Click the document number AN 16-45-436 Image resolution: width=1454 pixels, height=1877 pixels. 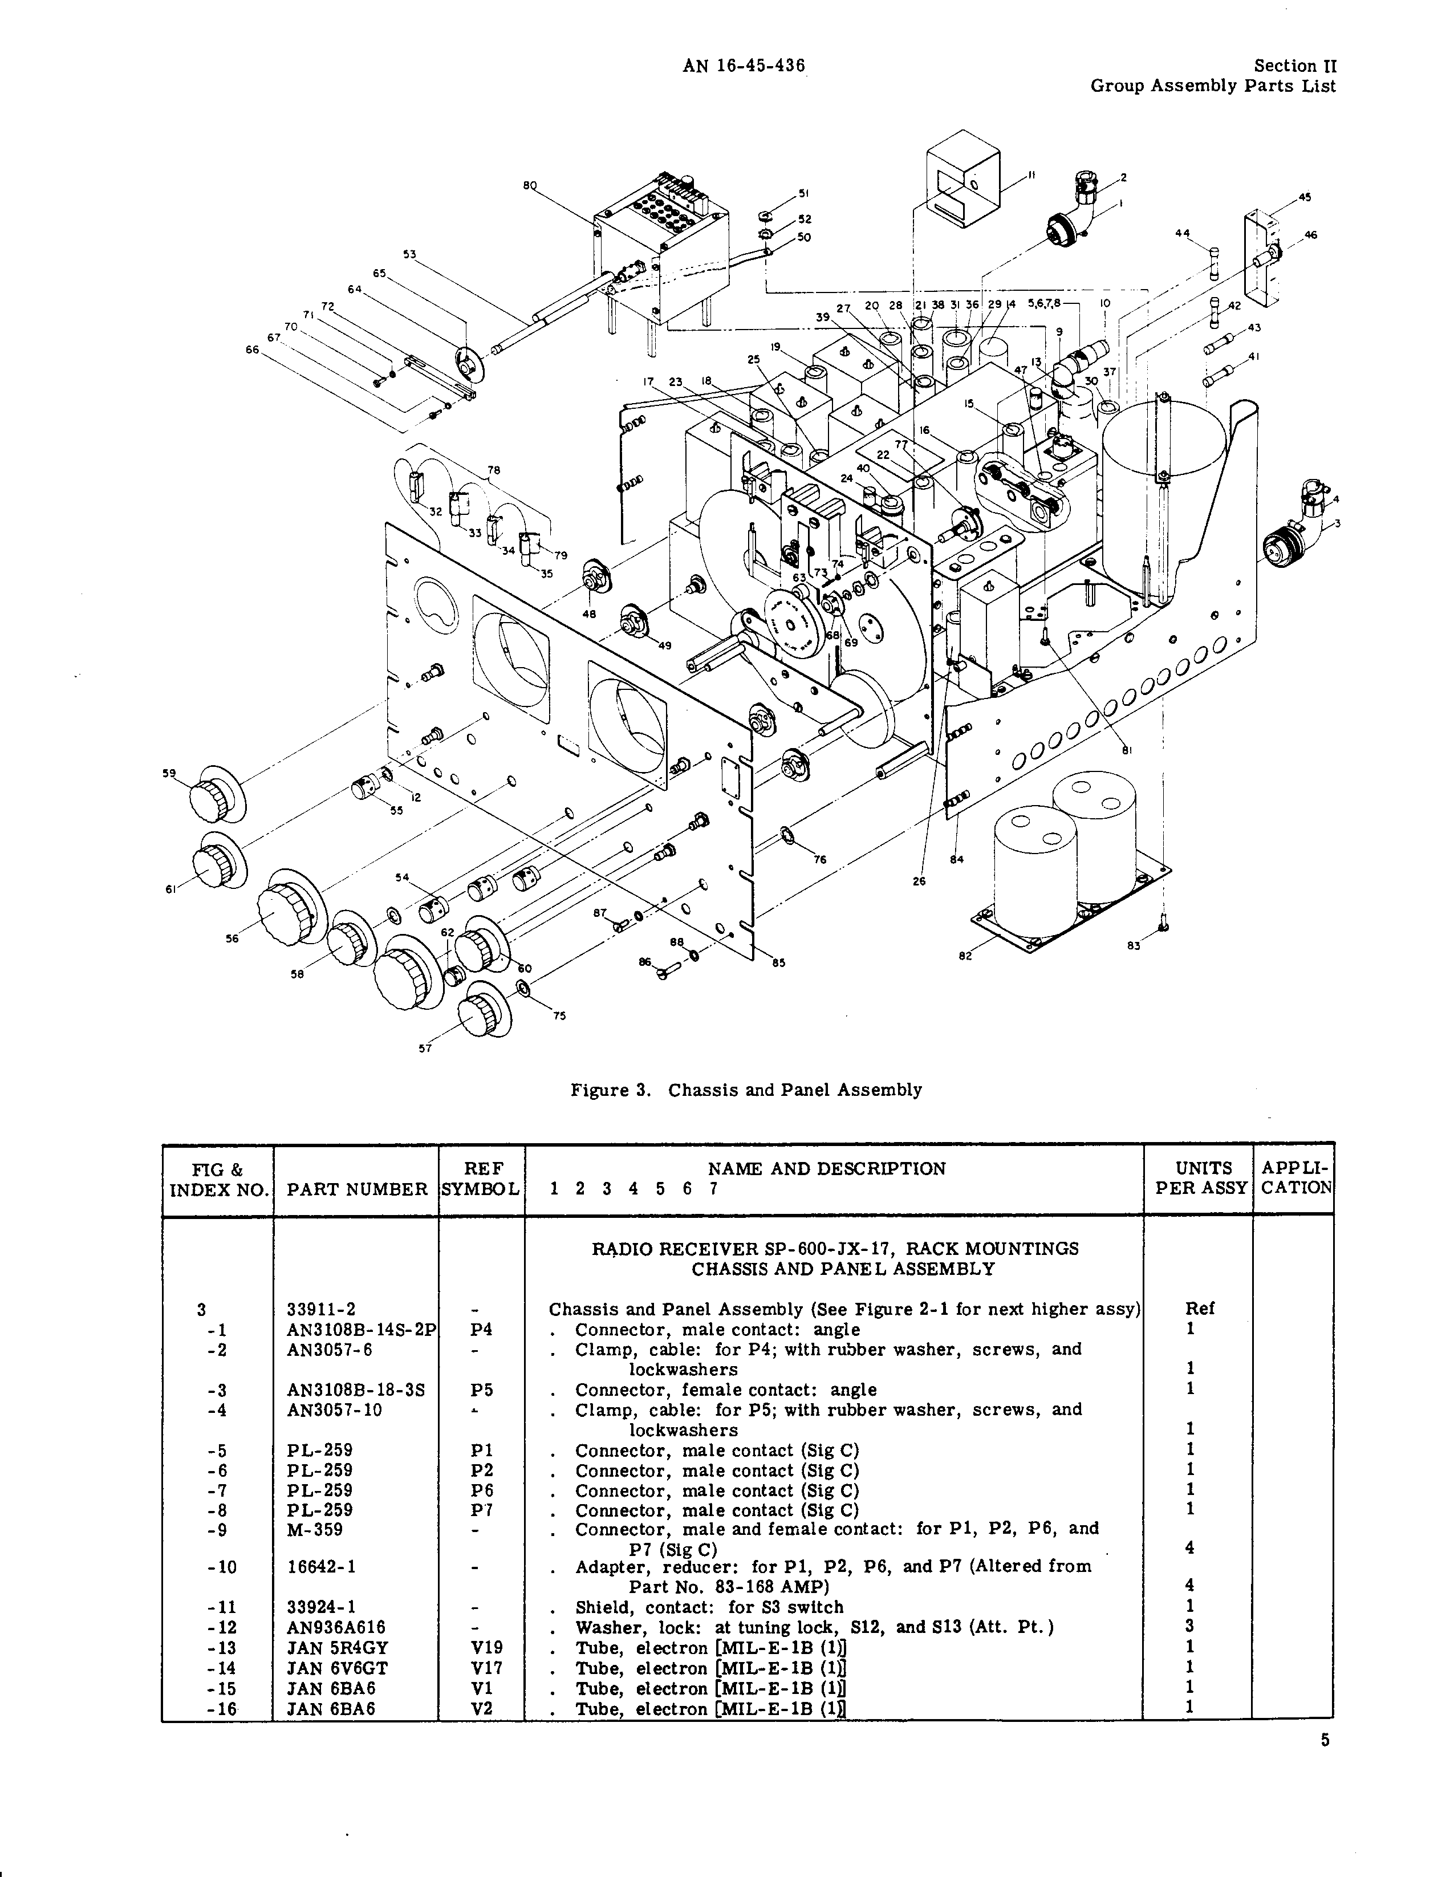[744, 66]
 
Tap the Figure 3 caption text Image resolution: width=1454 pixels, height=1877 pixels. [746, 1090]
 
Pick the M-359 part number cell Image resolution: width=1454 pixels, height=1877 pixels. [315, 1530]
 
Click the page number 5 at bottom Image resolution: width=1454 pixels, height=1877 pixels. [1325, 1740]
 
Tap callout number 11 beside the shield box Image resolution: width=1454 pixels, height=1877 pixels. [1031, 176]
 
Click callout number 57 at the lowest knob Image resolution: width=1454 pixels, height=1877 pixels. [425, 1047]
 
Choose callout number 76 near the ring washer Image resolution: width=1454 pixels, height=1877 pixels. [820, 859]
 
